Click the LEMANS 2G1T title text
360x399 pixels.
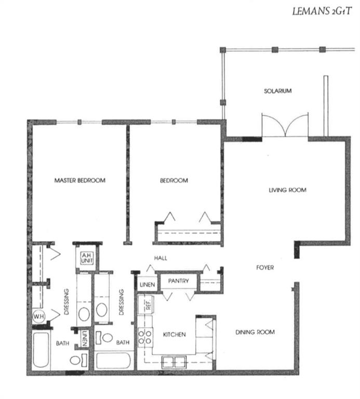coord(322,11)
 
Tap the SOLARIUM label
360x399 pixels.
coord(277,91)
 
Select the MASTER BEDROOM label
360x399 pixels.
coord(80,180)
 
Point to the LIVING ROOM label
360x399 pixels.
coord(287,190)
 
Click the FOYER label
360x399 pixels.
coord(265,268)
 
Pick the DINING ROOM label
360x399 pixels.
coord(255,332)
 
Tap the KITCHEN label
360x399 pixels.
coord(174,335)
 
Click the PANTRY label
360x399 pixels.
coord(178,281)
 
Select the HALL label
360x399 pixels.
coord(161,258)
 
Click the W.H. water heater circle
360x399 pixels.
coord(38,317)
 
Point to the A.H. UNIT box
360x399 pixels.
coord(87,258)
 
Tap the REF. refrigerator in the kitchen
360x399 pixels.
coord(145,304)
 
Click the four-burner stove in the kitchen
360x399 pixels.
coord(145,337)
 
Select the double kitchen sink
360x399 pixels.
coord(174,362)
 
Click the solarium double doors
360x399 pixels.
coord(285,125)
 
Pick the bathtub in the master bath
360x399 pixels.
coord(41,350)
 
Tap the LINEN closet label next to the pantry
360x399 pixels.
coord(148,285)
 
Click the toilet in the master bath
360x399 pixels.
coord(78,360)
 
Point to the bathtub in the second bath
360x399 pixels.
coord(113,360)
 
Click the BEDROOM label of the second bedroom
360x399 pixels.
coord(174,180)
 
